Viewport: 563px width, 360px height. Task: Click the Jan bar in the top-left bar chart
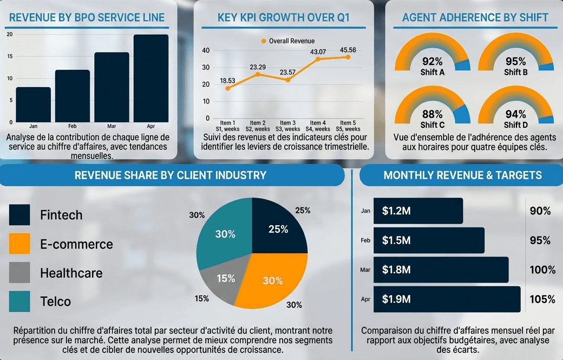tap(33, 104)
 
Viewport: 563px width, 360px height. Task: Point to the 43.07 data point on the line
tap(318, 59)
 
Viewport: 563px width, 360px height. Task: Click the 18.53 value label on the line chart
tap(227, 81)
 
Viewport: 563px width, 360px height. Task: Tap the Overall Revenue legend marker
tap(264, 41)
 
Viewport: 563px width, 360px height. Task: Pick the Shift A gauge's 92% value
tap(432, 61)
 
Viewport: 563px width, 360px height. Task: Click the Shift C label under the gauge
tap(432, 125)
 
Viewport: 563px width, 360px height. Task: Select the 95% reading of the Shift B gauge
tap(516, 61)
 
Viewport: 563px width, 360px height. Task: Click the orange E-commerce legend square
tap(19, 244)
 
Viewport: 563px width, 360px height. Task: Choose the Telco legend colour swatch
tap(19, 301)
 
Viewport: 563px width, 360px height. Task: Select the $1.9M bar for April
tap(447, 299)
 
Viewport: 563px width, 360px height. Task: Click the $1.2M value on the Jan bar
tap(396, 211)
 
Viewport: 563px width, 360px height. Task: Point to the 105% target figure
tap(542, 299)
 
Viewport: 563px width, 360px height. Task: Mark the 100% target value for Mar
tap(542, 270)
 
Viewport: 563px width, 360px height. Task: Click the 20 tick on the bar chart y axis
tap(9, 34)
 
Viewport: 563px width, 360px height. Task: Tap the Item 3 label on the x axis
tap(287, 123)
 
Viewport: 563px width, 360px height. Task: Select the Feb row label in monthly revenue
tap(365, 240)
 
